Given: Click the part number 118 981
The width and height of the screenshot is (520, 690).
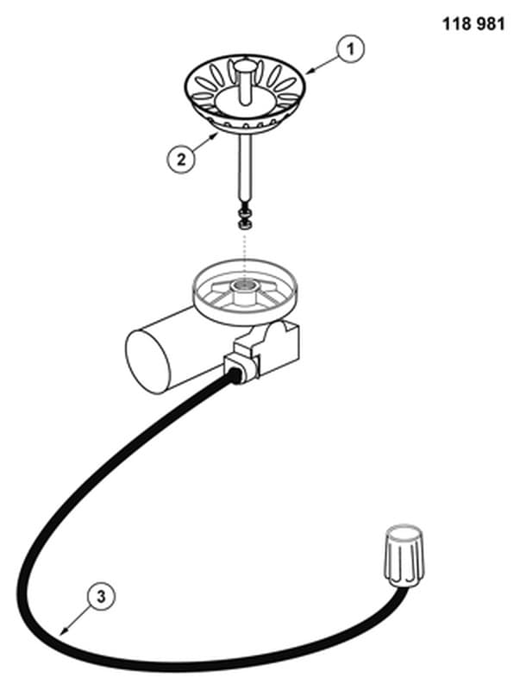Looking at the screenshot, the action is (473, 23).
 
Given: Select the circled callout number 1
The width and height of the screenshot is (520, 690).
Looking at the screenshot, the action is (351, 48).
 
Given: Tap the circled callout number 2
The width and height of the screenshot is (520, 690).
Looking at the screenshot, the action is (181, 160).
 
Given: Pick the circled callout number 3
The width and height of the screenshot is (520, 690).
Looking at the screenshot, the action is (101, 597).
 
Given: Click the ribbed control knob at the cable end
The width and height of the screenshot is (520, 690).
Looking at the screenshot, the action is (404, 555).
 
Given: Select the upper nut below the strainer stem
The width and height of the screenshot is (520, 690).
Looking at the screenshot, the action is (245, 214).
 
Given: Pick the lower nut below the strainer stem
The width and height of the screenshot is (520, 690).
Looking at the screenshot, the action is (244, 225).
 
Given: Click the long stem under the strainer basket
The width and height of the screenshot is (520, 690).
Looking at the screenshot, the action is (245, 168).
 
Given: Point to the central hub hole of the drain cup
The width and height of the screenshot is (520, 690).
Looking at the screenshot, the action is (245, 285).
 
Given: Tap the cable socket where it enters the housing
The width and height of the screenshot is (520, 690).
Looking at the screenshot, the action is (235, 375).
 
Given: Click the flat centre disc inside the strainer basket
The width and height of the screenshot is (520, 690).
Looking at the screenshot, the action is (245, 101).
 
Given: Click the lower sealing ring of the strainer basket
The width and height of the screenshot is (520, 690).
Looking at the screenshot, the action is (245, 129).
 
